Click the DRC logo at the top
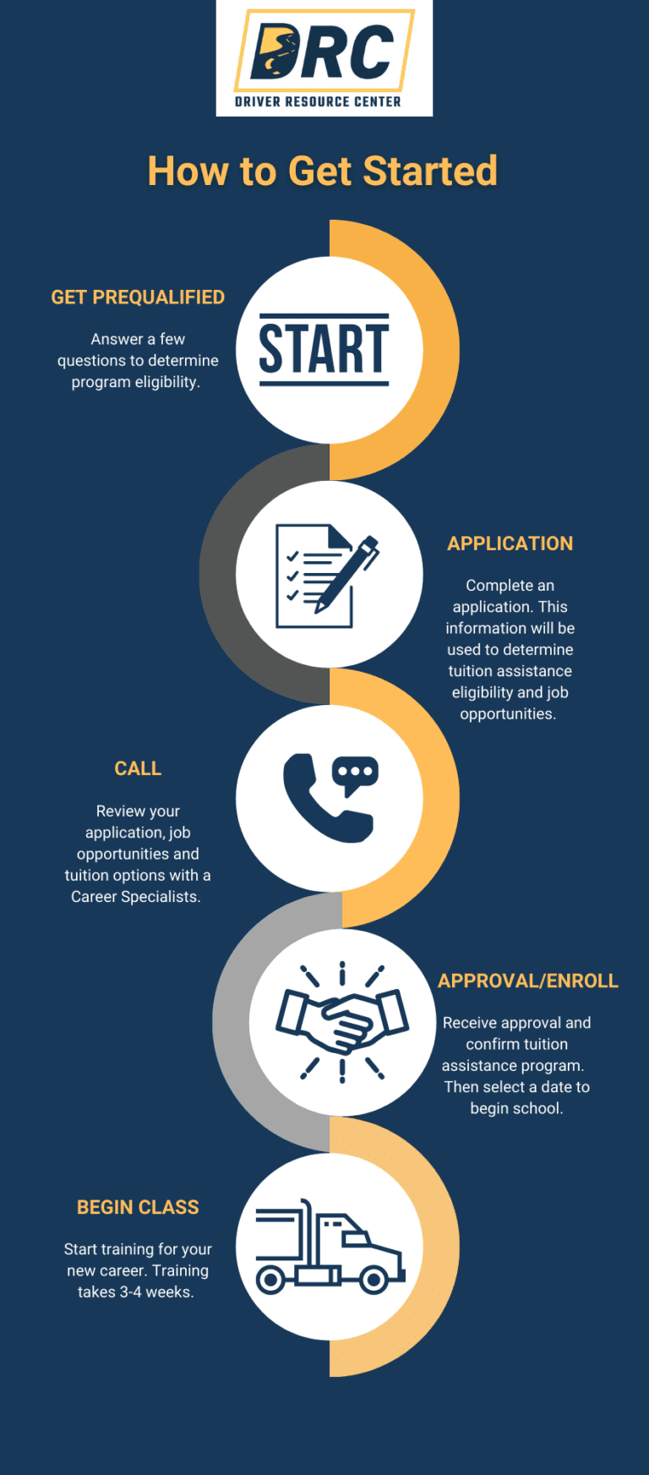[324, 58]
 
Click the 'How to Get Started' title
[322, 171]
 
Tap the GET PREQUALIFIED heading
[138, 298]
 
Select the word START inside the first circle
[324, 348]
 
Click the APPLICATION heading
[510, 544]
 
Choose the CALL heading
[138, 768]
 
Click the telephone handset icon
[324, 800]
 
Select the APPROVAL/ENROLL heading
[528, 981]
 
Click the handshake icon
[342, 1022]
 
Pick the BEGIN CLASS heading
[138, 1207]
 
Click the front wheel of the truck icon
[374, 1279]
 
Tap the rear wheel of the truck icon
[270, 1279]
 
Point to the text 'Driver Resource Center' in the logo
[318, 101]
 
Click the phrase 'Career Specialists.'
[136, 897]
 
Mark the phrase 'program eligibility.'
[136, 382]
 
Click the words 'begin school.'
[517, 1108]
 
